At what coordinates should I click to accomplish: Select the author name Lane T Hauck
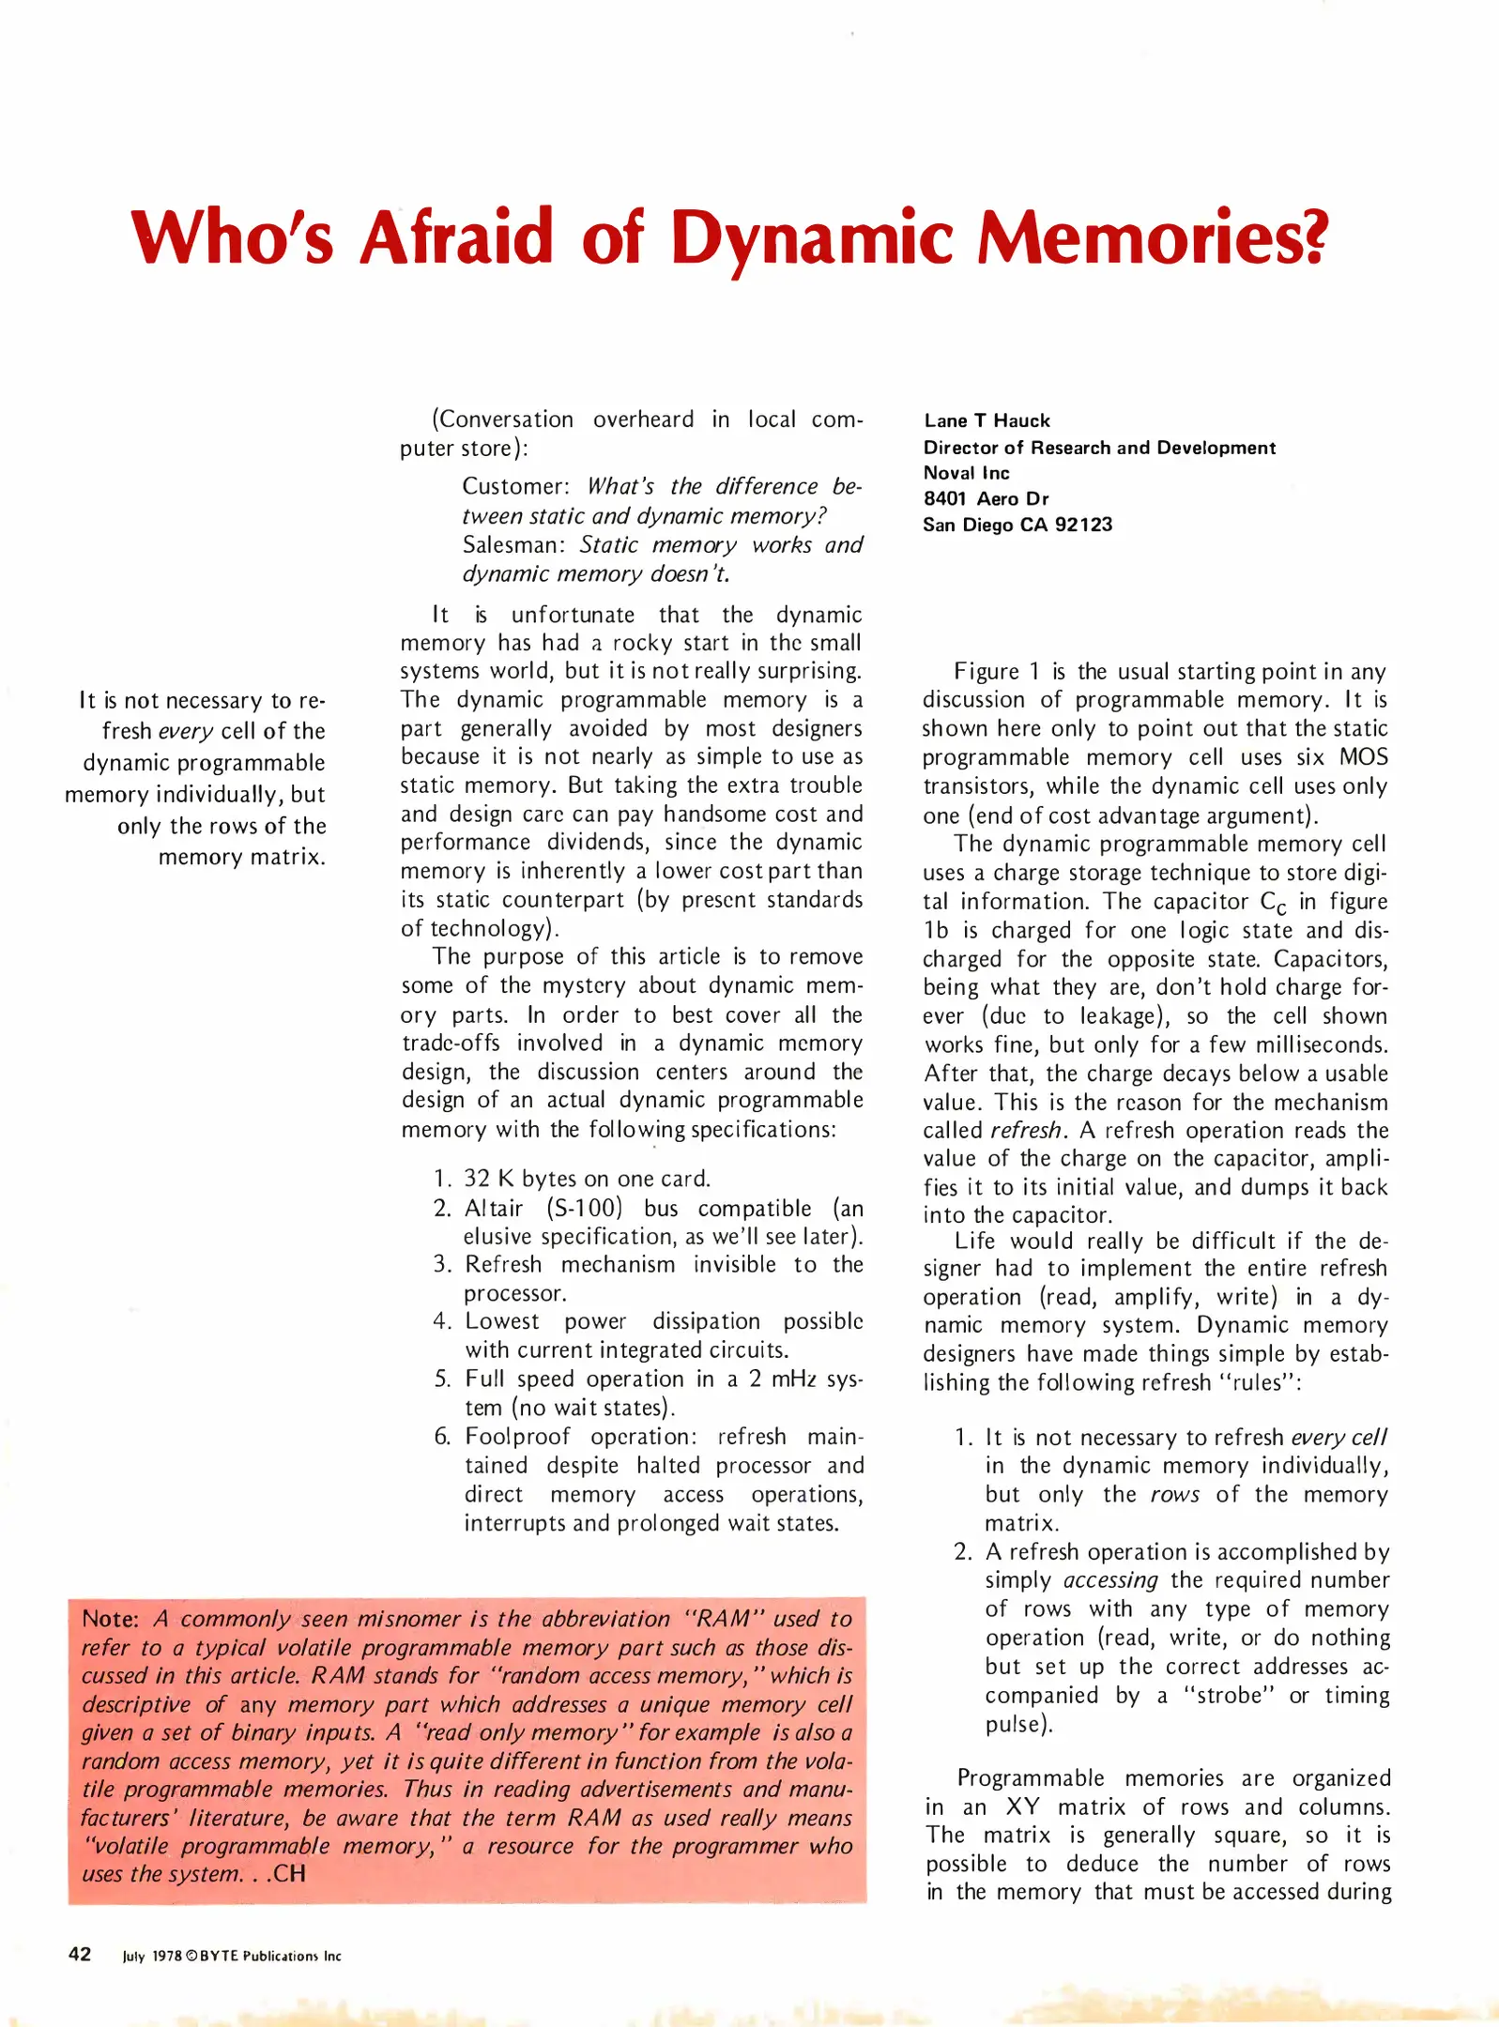987,420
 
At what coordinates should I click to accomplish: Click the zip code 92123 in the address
1083,525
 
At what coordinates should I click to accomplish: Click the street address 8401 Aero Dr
986,498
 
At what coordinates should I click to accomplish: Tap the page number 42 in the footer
80,1954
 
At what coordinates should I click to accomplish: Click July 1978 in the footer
152,1957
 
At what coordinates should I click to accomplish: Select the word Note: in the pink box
110,1619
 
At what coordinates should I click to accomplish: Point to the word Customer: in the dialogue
515,486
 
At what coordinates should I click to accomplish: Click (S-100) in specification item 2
584,1208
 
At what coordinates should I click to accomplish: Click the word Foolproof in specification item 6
517,1436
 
